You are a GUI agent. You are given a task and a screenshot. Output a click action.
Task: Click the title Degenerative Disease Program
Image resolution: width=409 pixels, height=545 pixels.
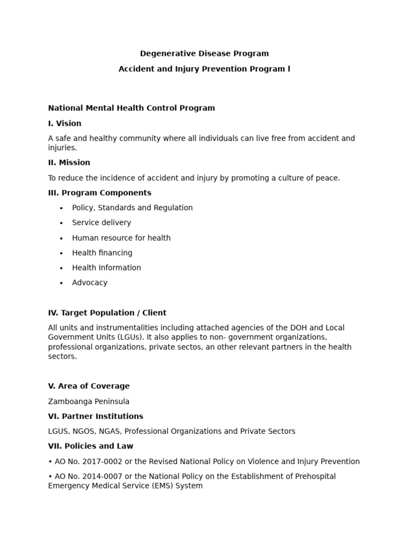(x=204, y=53)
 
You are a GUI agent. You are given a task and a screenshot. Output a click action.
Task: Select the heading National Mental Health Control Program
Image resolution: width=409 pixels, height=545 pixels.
(x=132, y=108)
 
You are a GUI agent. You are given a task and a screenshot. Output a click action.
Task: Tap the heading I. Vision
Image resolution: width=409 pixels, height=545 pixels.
(x=64, y=123)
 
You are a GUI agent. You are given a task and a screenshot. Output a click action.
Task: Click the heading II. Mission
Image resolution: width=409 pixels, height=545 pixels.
(x=69, y=162)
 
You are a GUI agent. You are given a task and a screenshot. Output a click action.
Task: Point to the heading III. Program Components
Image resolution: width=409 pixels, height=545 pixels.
(x=100, y=193)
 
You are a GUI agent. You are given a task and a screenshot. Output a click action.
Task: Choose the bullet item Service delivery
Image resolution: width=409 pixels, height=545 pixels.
(x=101, y=222)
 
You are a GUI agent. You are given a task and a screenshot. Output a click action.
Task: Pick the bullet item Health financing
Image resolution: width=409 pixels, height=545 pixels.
(x=102, y=253)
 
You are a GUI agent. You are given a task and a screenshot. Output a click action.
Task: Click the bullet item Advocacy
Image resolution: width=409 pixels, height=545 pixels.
(x=89, y=283)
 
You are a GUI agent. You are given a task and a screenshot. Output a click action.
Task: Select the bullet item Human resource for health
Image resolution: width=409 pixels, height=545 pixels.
(x=121, y=238)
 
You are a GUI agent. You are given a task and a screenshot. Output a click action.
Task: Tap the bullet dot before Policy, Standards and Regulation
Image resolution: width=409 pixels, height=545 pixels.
(x=61, y=208)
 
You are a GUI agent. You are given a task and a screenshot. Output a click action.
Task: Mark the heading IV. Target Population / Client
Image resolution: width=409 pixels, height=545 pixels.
(x=107, y=313)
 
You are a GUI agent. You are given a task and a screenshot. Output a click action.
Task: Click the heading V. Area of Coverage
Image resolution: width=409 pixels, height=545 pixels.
(x=89, y=386)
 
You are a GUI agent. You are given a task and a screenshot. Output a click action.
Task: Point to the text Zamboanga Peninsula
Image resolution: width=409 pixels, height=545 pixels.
(x=88, y=401)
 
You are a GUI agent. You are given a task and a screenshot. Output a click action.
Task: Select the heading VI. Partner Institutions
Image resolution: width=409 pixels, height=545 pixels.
(x=95, y=416)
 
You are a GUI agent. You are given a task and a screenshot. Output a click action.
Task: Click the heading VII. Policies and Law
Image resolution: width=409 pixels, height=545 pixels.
(x=91, y=446)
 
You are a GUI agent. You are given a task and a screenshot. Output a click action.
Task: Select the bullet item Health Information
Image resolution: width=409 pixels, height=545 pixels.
(x=107, y=268)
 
